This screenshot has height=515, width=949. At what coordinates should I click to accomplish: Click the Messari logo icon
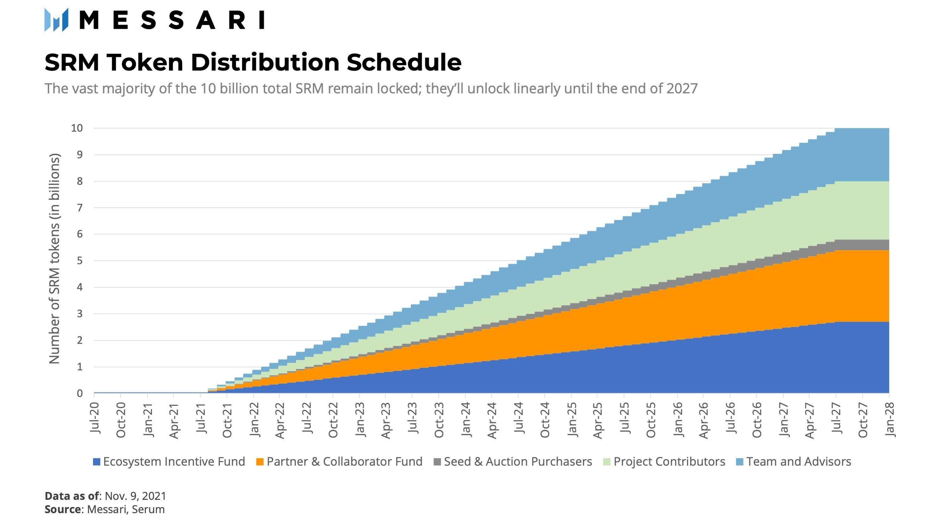click(56, 20)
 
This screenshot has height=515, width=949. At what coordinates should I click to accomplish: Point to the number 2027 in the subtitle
click(682, 89)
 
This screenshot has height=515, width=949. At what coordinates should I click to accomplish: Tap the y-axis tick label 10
click(77, 128)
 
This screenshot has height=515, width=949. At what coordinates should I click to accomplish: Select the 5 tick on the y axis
click(79, 261)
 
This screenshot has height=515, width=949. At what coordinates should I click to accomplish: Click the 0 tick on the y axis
click(79, 393)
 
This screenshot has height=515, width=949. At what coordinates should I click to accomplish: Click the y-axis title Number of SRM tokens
click(54, 259)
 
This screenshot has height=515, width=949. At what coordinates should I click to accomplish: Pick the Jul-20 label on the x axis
click(95, 418)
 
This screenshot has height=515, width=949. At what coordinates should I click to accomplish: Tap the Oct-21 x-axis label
click(227, 420)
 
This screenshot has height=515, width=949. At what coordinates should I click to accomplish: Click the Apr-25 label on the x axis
click(598, 420)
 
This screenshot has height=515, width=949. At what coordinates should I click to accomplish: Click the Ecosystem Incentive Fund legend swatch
click(97, 462)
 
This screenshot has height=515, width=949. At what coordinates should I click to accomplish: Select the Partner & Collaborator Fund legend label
click(345, 462)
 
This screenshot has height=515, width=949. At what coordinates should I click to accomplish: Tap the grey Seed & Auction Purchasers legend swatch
click(437, 462)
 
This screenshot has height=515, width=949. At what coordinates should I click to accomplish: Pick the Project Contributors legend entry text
click(669, 462)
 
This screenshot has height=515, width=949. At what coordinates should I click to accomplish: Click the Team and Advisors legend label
click(798, 462)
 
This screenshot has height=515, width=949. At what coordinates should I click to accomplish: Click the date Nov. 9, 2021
click(135, 496)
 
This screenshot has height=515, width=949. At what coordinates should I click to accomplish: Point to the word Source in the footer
click(63, 509)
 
